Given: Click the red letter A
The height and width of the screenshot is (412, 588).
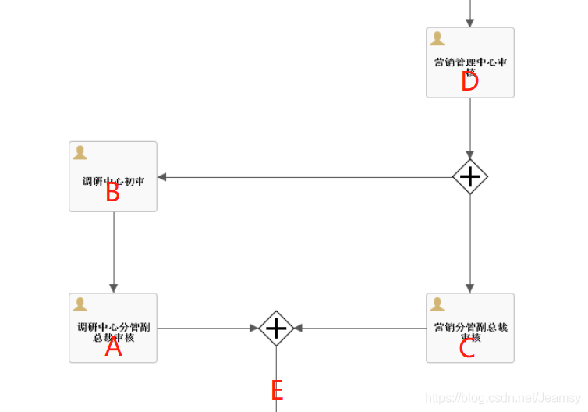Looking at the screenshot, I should (114, 347).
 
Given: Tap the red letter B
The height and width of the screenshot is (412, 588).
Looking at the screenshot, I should (112, 192).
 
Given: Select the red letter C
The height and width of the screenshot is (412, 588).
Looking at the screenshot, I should (466, 348).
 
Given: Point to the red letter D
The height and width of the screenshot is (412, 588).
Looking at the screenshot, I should (469, 81).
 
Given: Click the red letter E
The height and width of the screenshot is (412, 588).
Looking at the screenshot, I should (277, 389).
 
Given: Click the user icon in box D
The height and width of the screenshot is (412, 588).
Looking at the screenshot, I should (437, 38).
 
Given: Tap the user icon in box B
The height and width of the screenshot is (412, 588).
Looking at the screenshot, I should (80, 152).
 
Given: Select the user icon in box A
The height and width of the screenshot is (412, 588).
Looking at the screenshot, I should (80, 304).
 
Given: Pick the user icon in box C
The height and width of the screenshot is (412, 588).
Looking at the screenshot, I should (437, 304).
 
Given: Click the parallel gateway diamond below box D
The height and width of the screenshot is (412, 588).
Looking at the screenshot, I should (470, 177).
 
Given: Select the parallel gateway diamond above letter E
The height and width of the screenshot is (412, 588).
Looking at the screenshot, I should (276, 329).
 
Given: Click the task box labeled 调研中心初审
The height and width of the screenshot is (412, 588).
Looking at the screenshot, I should (113, 176).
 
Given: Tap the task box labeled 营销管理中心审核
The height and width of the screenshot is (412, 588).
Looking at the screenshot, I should (470, 62).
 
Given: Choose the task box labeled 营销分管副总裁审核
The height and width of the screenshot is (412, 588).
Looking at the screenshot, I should (470, 328).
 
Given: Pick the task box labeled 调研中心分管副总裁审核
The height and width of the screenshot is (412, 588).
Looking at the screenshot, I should (113, 328).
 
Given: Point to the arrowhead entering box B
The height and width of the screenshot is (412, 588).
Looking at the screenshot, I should (162, 177).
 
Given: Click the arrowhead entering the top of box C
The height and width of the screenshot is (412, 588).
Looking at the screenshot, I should (470, 289).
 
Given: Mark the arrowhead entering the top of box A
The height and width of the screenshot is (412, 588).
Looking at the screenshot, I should (114, 289).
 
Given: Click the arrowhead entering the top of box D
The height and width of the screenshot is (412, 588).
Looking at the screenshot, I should (470, 23).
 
